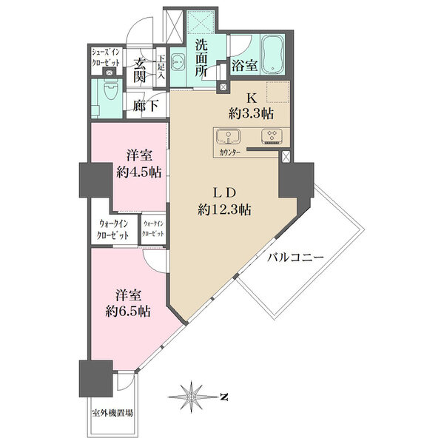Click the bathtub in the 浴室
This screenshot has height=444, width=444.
[272, 53]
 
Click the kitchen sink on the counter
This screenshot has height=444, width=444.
[228, 136]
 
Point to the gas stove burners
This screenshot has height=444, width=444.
[272, 136]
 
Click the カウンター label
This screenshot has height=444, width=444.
[229, 153]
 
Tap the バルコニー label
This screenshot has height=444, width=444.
[295, 258]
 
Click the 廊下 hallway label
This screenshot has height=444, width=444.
[146, 106]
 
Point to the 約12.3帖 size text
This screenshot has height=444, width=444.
[224, 210]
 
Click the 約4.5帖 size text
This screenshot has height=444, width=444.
[139, 172]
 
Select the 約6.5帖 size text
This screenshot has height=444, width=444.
[128, 312]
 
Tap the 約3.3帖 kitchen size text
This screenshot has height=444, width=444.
[251, 113]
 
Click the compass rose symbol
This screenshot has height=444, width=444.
[192, 397]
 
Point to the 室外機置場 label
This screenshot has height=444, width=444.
[112, 413]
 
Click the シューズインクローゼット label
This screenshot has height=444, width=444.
[106, 58]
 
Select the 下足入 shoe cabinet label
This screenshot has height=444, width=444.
[161, 67]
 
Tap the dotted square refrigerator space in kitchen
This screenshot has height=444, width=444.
[278, 92]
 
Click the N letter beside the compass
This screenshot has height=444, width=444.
[224, 397]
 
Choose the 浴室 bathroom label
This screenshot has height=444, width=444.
[245, 65]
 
